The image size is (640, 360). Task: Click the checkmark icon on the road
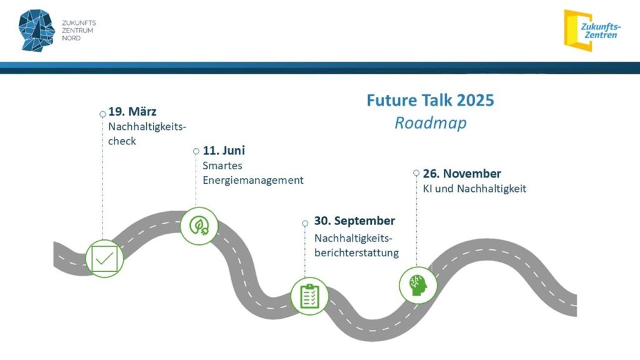pos(104,259)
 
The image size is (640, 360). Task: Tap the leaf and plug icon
pos(199,226)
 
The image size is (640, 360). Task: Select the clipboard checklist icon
pos(309,296)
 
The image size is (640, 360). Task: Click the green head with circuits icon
pos(417,285)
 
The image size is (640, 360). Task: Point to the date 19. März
pos(132,111)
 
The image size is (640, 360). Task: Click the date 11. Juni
pos(224,151)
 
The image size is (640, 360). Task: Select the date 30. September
pos(354,221)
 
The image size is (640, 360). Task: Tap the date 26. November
pos(462,174)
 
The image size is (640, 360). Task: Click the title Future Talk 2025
pos(430,101)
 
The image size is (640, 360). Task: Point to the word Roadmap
pos(430,123)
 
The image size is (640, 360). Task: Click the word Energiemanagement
pos(253,181)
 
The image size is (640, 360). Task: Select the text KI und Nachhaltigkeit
pos(474,189)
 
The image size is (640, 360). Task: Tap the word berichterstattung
pos(356,252)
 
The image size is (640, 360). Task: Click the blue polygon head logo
pos(37,30)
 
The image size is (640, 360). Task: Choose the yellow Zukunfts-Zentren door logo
pos(592,31)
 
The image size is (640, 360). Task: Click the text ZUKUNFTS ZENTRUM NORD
pos(79,31)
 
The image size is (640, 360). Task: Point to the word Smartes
pos(222,166)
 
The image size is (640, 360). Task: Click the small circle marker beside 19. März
pos(103,114)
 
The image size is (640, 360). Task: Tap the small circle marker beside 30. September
pos(305,223)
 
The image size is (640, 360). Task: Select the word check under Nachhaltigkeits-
pos(122,141)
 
